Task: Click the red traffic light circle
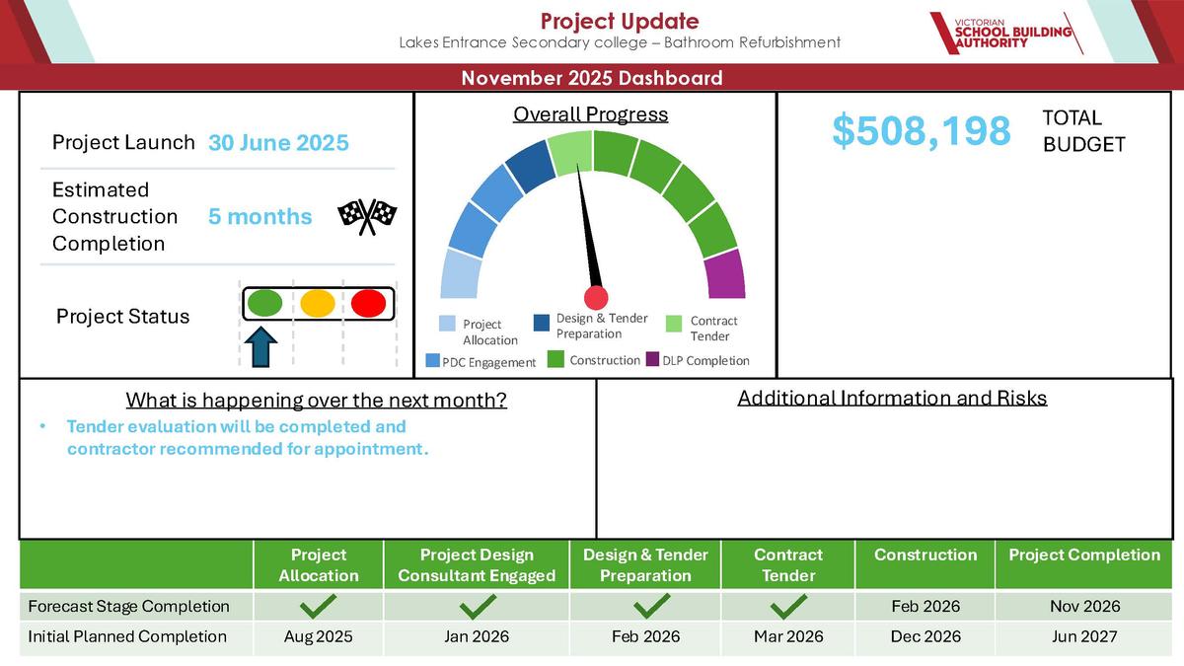pyautogui.click(x=368, y=304)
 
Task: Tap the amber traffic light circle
pyautogui.click(x=317, y=304)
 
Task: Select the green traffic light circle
pyautogui.click(x=264, y=303)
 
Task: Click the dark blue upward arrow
pyautogui.click(x=261, y=346)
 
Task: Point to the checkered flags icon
pyautogui.click(x=367, y=216)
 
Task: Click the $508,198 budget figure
pyautogui.click(x=922, y=130)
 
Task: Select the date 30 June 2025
pyautogui.click(x=278, y=143)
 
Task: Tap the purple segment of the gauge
pyautogui.click(x=725, y=274)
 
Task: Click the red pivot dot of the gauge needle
pyautogui.click(x=596, y=298)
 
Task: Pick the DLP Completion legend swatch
pyautogui.click(x=653, y=359)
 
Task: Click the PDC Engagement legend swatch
pyautogui.click(x=433, y=360)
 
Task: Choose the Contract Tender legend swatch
pyautogui.click(x=674, y=324)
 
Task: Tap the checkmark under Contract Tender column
pyautogui.click(x=788, y=606)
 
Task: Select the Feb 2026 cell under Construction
pyautogui.click(x=925, y=606)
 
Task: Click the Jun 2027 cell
pyautogui.click(x=1084, y=636)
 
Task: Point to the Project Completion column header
pyautogui.click(x=1084, y=555)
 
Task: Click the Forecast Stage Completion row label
pyautogui.click(x=128, y=606)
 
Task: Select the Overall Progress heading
pyautogui.click(x=590, y=114)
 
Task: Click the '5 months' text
pyautogui.click(x=260, y=217)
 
